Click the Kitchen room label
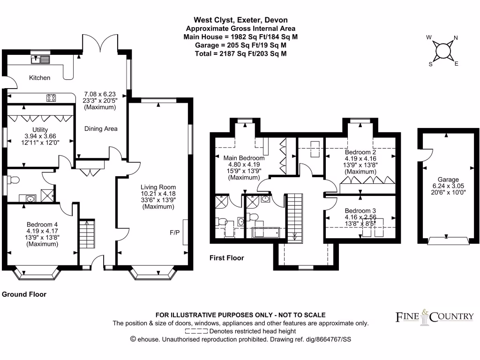click(x=39, y=78)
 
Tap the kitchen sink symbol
click(x=40, y=59)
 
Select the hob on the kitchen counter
click(x=51, y=98)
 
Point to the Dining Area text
click(x=101, y=128)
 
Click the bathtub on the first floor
click(x=266, y=232)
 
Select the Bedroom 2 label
click(x=360, y=152)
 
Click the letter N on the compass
click(x=456, y=39)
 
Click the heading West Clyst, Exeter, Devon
click(x=241, y=20)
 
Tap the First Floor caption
click(x=227, y=258)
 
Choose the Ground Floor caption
click(x=24, y=294)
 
